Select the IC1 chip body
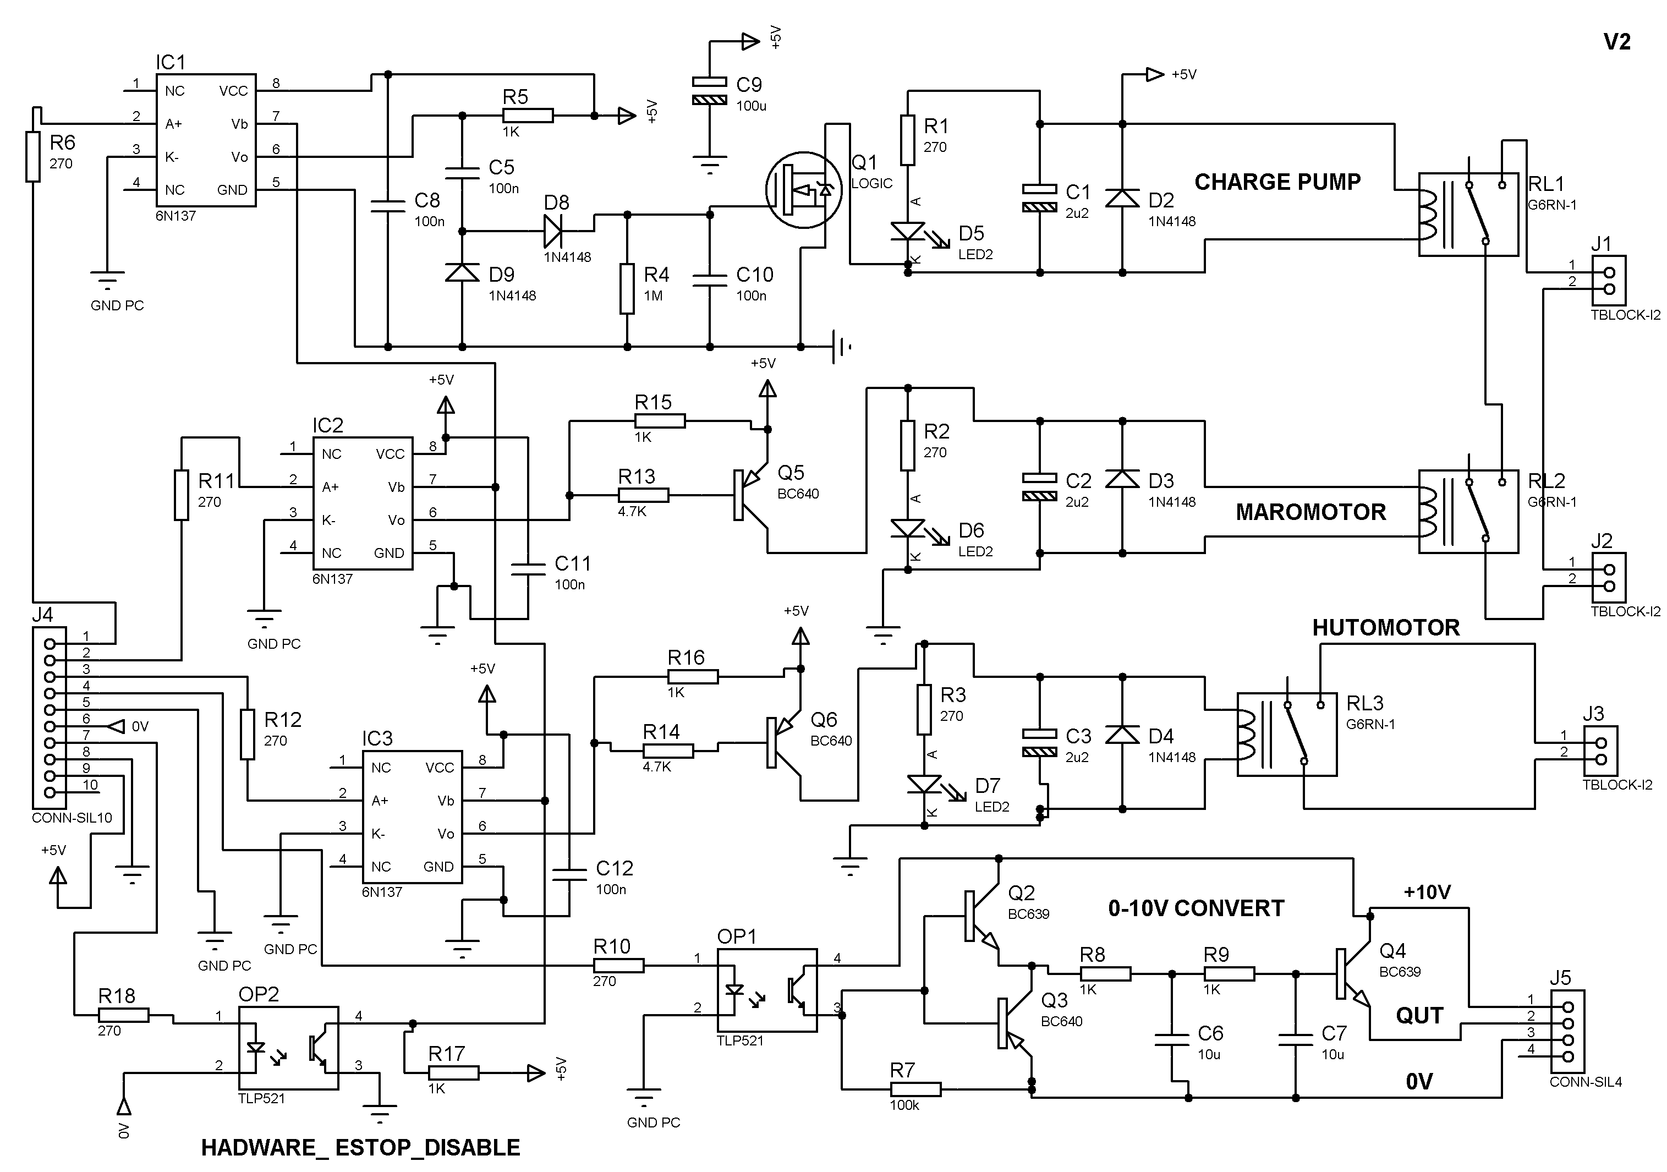click(206, 140)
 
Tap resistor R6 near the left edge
click(32, 156)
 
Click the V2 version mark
click(1617, 42)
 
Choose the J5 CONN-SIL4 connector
click(1567, 1032)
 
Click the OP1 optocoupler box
click(767, 990)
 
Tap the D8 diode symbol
click(554, 232)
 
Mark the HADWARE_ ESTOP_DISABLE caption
click(361, 1147)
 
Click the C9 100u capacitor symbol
click(709, 91)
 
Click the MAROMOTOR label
click(1311, 512)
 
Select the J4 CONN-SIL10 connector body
click(50, 718)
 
